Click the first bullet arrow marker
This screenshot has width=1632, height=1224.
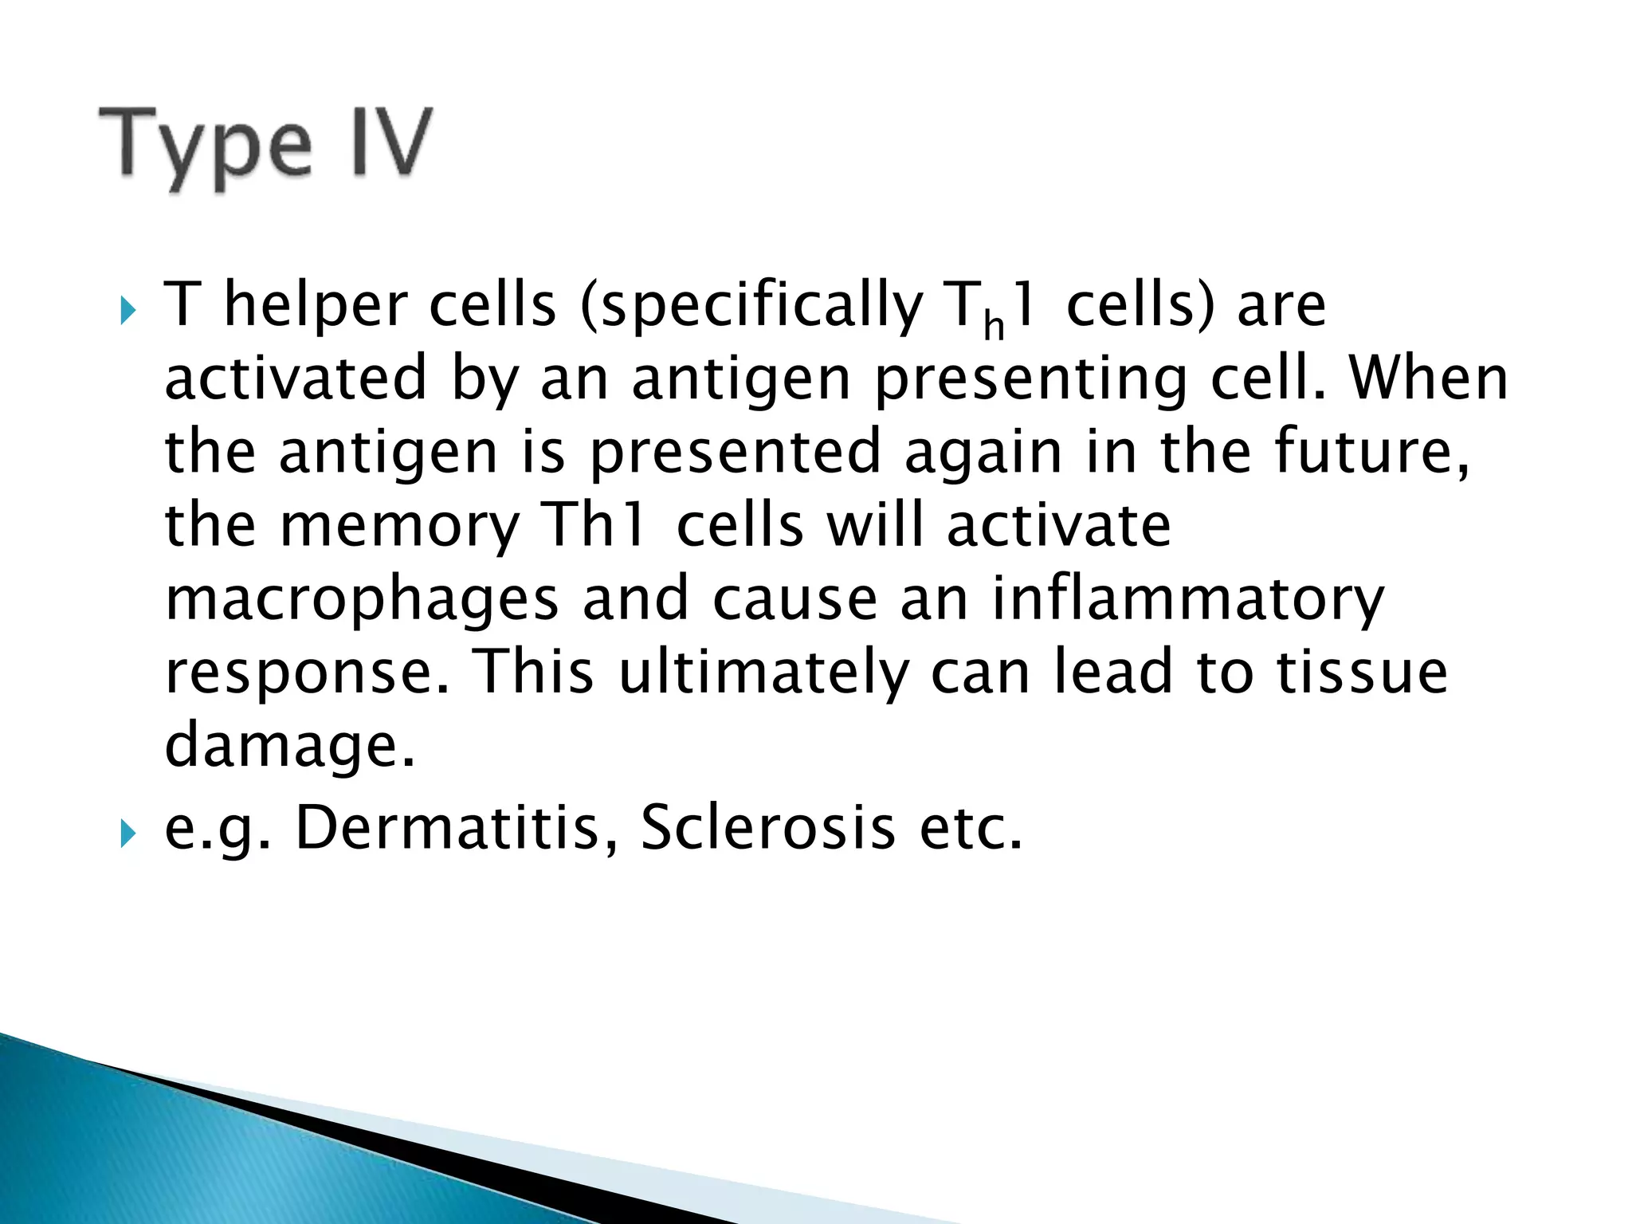tap(127, 310)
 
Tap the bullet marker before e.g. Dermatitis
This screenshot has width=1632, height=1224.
tap(127, 834)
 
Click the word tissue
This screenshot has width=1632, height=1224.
tap(1362, 671)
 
